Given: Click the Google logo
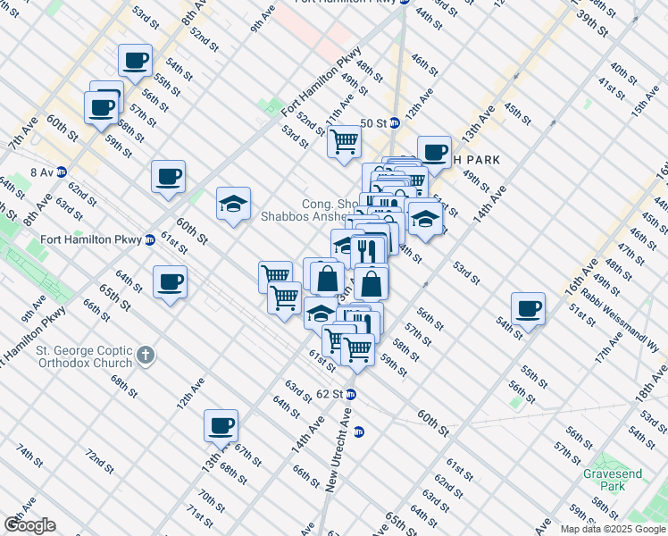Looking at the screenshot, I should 29,525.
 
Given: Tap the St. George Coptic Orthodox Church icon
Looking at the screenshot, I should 146,357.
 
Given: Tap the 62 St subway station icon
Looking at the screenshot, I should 352,394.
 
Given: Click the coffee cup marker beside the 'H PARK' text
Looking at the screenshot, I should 434,152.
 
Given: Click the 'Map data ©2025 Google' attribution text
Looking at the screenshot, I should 612,529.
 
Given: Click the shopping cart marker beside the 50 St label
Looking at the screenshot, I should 344,140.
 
